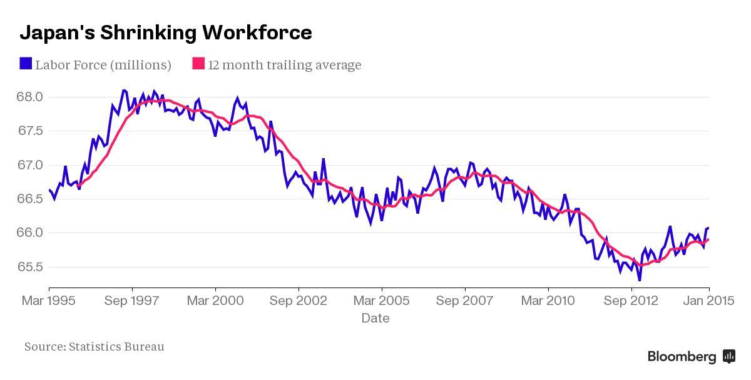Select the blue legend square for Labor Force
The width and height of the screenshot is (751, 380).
tap(26, 64)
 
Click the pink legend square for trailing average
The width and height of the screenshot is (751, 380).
tap(198, 64)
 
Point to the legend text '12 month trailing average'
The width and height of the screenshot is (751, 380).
tap(285, 65)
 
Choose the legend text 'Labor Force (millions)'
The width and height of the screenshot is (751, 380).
tap(103, 65)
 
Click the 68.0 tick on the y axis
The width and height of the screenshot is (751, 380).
tap(30, 97)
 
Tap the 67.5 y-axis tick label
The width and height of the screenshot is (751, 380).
tap(30, 131)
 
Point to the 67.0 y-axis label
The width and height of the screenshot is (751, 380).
tap(30, 165)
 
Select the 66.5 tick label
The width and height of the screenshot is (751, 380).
tap(30, 199)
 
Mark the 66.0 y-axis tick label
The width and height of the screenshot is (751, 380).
tap(30, 233)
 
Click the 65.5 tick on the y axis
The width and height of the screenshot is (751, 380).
tap(30, 267)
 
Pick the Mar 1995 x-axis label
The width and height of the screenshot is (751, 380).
tap(48, 301)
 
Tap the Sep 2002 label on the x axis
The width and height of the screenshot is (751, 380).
tap(299, 301)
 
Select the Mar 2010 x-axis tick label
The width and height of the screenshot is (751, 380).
tap(548, 301)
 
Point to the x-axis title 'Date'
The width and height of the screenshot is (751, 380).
tap(375, 318)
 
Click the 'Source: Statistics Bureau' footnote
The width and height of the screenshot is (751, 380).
tap(95, 346)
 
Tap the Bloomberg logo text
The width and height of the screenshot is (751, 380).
tap(682, 357)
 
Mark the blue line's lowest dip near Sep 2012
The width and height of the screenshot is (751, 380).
tap(639, 280)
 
